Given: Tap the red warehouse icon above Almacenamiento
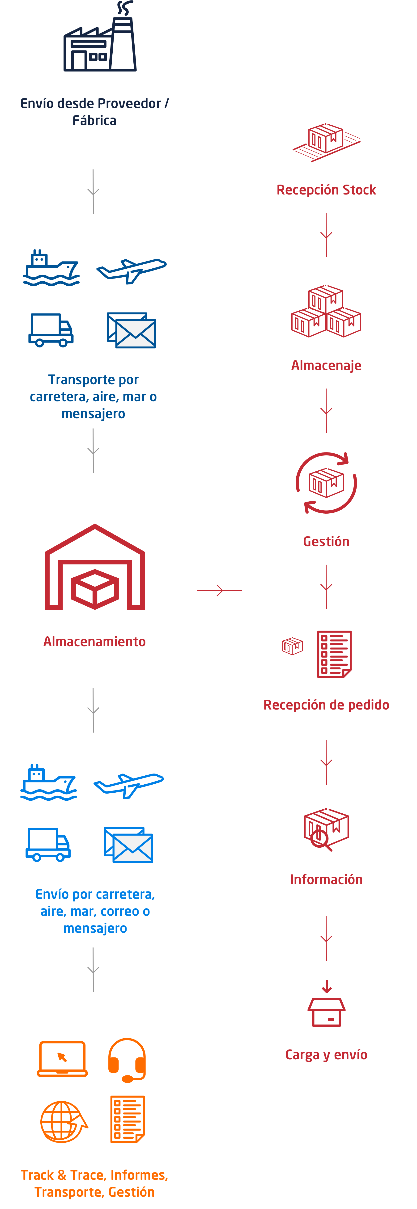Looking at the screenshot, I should coord(95,568).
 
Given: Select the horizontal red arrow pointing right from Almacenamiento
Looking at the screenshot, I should coord(219,590).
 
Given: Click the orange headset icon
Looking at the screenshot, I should coord(127,1059).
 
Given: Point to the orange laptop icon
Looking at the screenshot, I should coord(63,1059).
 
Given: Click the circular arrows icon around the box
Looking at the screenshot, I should coord(326,482).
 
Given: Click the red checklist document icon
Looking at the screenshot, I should coord(334,654).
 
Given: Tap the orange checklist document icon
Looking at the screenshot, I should coord(127,1119).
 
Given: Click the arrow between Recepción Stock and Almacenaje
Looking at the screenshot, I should coord(326,235).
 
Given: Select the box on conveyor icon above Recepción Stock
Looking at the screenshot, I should coord(326,141).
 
